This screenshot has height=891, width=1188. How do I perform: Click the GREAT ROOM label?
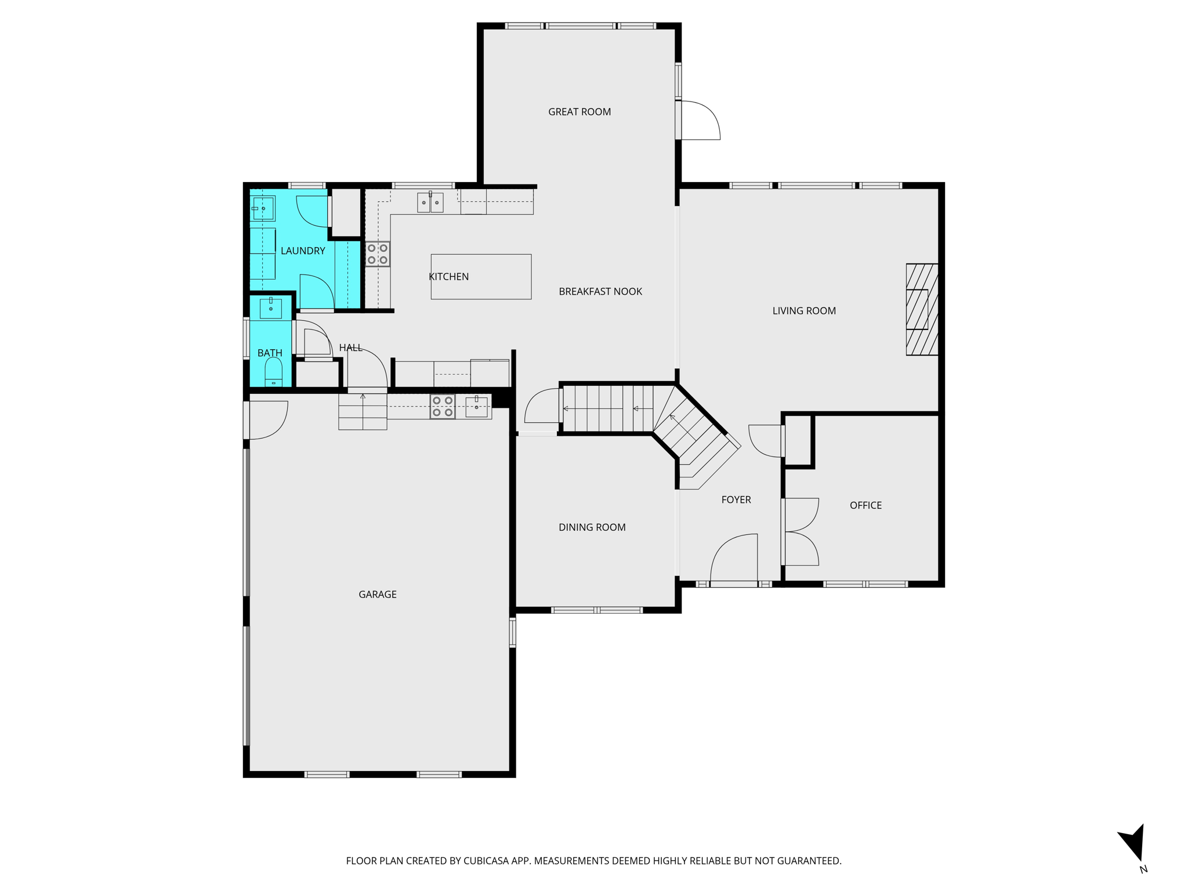[579, 112]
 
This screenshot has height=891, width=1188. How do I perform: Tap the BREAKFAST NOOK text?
[600, 292]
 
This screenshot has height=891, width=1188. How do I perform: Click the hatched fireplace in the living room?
[922, 309]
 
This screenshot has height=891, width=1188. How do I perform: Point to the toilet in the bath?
[273, 371]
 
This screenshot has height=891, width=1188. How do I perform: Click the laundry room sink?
[263, 208]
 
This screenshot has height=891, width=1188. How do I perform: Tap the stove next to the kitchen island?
[378, 254]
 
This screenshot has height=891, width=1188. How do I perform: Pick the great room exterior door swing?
[699, 120]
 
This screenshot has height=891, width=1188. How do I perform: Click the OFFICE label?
[865, 505]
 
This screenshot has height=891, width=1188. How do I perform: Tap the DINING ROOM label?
[592, 527]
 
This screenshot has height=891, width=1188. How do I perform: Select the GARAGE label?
[378, 595]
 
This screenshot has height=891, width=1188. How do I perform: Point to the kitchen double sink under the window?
[430, 202]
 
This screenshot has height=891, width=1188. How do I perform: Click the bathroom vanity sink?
[271, 309]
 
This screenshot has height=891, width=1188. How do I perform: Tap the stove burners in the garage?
[443, 407]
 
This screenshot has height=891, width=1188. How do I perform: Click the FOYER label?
[736, 500]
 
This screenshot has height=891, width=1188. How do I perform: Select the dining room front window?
[596, 610]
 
